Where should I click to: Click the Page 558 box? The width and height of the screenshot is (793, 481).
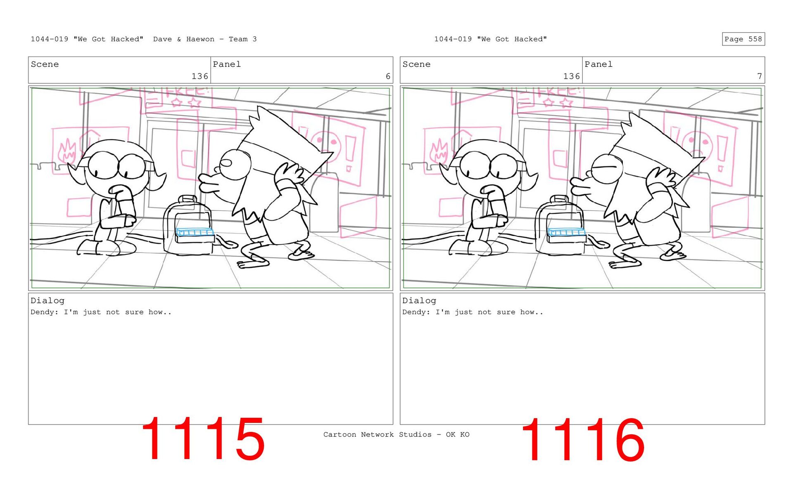pyautogui.click(x=743, y=39)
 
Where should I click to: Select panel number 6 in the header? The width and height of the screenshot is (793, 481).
pyautogui.click(x=388, y=76)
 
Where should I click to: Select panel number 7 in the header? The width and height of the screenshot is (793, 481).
pyautogui.click(x=759, y=76)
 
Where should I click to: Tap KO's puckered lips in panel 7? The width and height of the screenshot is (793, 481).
pyautogui.click(x=579, y=188)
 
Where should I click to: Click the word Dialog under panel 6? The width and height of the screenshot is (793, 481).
pyautogui.click(x=47, y=301)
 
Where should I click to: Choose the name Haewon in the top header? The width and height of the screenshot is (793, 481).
pyautogui.click(x=200, y=39)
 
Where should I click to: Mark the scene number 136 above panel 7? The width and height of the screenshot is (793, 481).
pyautogui.click(x=572, y=76)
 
